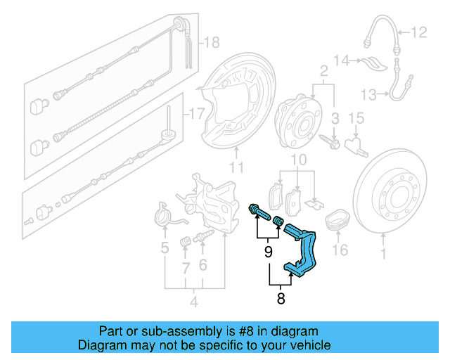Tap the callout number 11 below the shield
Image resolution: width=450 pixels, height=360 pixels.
236,167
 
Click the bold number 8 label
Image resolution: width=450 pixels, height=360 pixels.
281,297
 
